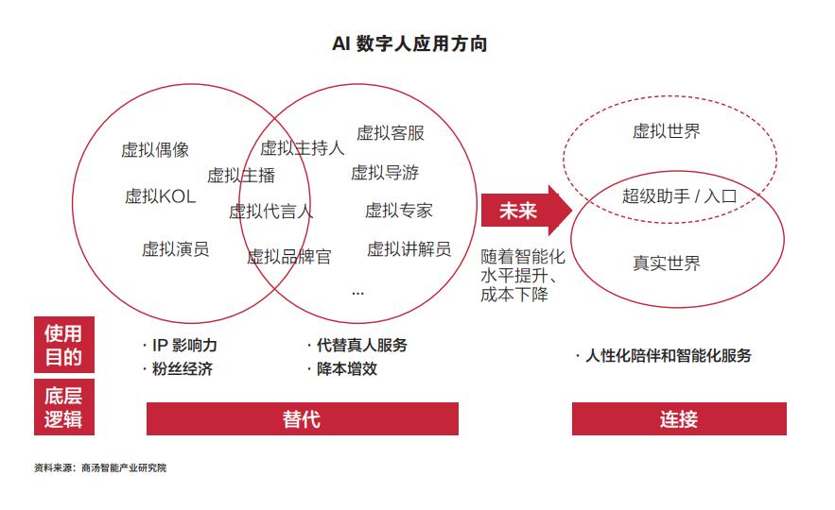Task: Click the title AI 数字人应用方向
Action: click(409, 43)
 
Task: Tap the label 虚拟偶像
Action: click(155, 150)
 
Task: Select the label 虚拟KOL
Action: click(161, 196)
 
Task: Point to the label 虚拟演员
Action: click(175, 249)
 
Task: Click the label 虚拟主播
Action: click(241, 175)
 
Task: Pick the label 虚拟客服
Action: click(391, 132)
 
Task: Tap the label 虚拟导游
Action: click(385, 172)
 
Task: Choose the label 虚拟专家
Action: click(399, 211)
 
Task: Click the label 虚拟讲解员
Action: click(409, 249)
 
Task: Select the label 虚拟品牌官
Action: click(289, 257)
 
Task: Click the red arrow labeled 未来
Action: click(526, 211)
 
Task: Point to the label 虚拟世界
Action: click(666, 131)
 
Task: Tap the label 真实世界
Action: click(666, 263)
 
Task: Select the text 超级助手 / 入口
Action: click(680, 196)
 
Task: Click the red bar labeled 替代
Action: click(303, 419)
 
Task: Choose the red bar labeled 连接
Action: click(679, 419)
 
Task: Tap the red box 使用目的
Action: click(64, 345)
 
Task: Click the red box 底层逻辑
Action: click(64, 407)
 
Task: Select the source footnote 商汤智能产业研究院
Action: click(124, 468)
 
